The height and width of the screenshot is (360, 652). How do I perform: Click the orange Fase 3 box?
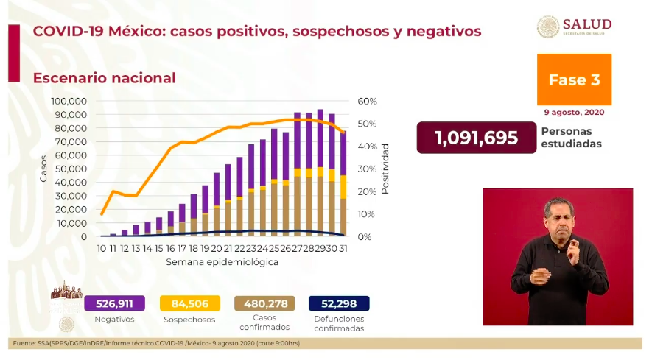tap(574, 80)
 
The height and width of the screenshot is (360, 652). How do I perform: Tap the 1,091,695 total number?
tap(476, 138)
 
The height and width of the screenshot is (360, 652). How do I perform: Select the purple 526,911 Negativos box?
tap(114, 303)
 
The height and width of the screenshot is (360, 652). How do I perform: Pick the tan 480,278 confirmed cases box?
tap(264, 303)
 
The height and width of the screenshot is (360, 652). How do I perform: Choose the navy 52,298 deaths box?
tap(339, 303)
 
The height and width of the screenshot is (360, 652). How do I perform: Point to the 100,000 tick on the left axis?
tap(69, 101)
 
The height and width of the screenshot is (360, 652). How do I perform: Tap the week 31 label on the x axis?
tap(343, 249)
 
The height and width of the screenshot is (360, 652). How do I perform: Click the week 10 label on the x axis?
tap(102, 249)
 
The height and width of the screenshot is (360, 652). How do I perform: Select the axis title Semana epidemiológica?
tap(222, 262)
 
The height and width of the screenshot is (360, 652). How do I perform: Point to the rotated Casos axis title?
tap(43, 169)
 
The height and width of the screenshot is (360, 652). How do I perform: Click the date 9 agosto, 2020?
tap(573, 113)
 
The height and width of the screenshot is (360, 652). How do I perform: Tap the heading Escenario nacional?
tap(104, 77)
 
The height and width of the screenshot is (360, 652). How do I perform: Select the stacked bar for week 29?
tap(320, 173)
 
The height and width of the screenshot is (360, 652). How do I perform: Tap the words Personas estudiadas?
tap(570, 138)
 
